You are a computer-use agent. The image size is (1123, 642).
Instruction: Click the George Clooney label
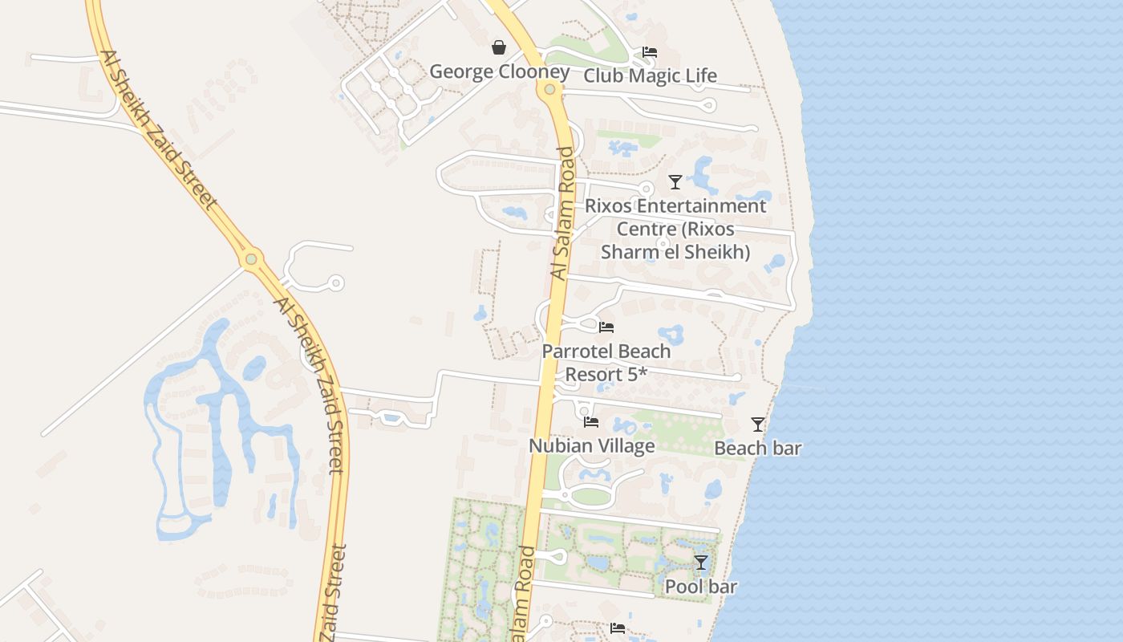point(499,71)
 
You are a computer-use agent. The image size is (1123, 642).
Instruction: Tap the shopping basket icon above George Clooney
point(499,47)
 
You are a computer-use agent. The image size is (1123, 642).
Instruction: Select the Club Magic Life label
point(650,76)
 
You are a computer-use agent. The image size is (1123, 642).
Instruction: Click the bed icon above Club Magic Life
point(650,52)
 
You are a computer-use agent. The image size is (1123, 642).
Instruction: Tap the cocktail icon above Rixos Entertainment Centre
point(675,181)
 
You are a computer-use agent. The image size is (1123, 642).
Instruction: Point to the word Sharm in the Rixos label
point(628,252)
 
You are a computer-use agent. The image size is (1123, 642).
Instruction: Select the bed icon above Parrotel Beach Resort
point(606,327)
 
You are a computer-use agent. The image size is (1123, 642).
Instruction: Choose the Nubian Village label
point(591,445)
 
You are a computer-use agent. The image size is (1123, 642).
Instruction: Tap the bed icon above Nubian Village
point(591,421)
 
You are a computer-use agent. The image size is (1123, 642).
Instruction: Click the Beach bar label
point(757,448)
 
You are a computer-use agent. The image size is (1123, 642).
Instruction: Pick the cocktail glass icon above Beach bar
point(757,424)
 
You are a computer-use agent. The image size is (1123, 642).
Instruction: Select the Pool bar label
point(700,587)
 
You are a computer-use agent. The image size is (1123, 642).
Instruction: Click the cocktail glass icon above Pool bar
point(700,563)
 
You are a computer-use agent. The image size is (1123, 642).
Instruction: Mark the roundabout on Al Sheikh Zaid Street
point(251,259)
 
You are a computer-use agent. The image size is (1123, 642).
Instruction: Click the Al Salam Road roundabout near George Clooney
point(549,89)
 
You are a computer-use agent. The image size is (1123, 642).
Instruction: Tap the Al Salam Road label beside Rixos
point(563,213)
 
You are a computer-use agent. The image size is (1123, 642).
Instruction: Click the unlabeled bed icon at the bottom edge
point(617,628)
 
